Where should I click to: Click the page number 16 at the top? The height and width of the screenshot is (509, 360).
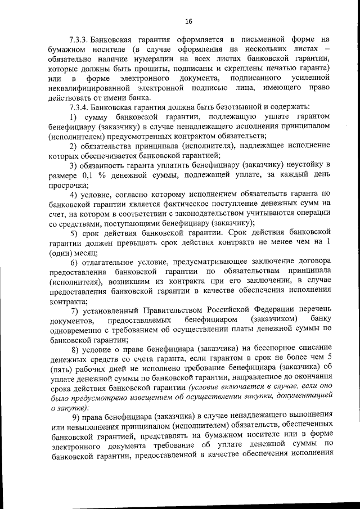pyautogui.click(x=188, y=21)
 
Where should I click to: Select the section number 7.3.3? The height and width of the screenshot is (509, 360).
pyautogui.click(x=79, y=40)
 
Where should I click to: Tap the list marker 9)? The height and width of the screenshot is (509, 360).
pyautogui.click(x=76, y=417)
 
